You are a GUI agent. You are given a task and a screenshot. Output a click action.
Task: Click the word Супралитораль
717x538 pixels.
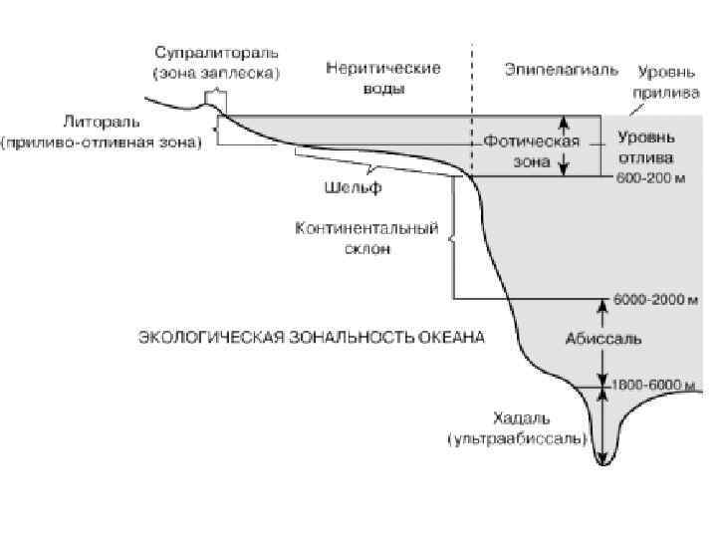216,51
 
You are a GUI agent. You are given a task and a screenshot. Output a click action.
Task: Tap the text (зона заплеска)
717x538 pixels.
216,72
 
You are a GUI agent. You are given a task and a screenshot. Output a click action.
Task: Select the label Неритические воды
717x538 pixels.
383,78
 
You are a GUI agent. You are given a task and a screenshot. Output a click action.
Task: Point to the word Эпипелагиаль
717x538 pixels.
561,70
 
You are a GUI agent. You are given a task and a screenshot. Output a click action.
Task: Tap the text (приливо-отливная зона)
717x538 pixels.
102,142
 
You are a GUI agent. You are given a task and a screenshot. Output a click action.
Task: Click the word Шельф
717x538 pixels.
353,186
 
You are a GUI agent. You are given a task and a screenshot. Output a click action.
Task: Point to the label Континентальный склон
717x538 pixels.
366,238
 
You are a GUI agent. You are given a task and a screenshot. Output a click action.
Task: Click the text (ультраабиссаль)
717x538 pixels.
518,437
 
